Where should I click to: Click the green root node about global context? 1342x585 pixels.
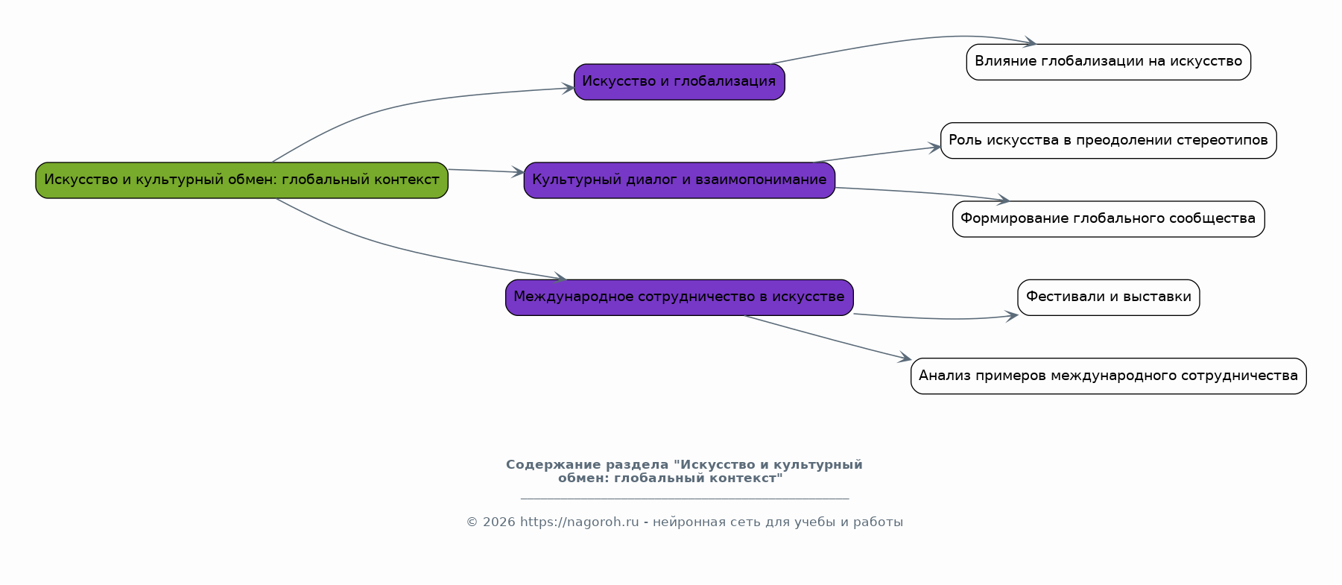[x=241, y=180]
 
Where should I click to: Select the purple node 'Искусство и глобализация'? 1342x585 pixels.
[x=679, y=82]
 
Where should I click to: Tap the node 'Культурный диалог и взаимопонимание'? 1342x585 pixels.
[x=679, y=180]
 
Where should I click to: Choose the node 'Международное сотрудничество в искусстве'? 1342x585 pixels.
[x=679, y=297]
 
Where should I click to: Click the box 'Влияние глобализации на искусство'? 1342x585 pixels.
[x=1108, y=62]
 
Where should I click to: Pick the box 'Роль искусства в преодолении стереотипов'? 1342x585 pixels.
[x=1108, y=141]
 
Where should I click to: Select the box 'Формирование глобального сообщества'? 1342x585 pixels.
[x=1108, y=219]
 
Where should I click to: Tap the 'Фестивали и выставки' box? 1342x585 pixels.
[x=1108, y=297]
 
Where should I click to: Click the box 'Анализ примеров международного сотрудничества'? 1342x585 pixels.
[x=1108, y=376]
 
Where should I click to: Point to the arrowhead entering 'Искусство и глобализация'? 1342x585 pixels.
[x=569, y=89]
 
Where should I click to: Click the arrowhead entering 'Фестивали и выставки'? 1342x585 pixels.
[x=1013, y=316]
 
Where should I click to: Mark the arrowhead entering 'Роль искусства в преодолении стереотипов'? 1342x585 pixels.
[x=935, y=148]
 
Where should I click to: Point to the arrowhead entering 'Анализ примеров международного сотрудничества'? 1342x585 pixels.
[x=905, y=359]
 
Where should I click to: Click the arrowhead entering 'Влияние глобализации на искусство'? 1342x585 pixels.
[x=1030, y=42]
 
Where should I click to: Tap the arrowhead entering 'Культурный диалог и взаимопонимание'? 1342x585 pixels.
[x=519, y=172]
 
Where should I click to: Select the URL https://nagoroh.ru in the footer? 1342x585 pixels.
[x=579, y=522]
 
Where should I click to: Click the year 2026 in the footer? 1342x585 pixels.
[x=498, y=522]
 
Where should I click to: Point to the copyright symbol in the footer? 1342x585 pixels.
[x=472, y=522]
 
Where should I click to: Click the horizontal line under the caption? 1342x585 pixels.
[x=684, y=498]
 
